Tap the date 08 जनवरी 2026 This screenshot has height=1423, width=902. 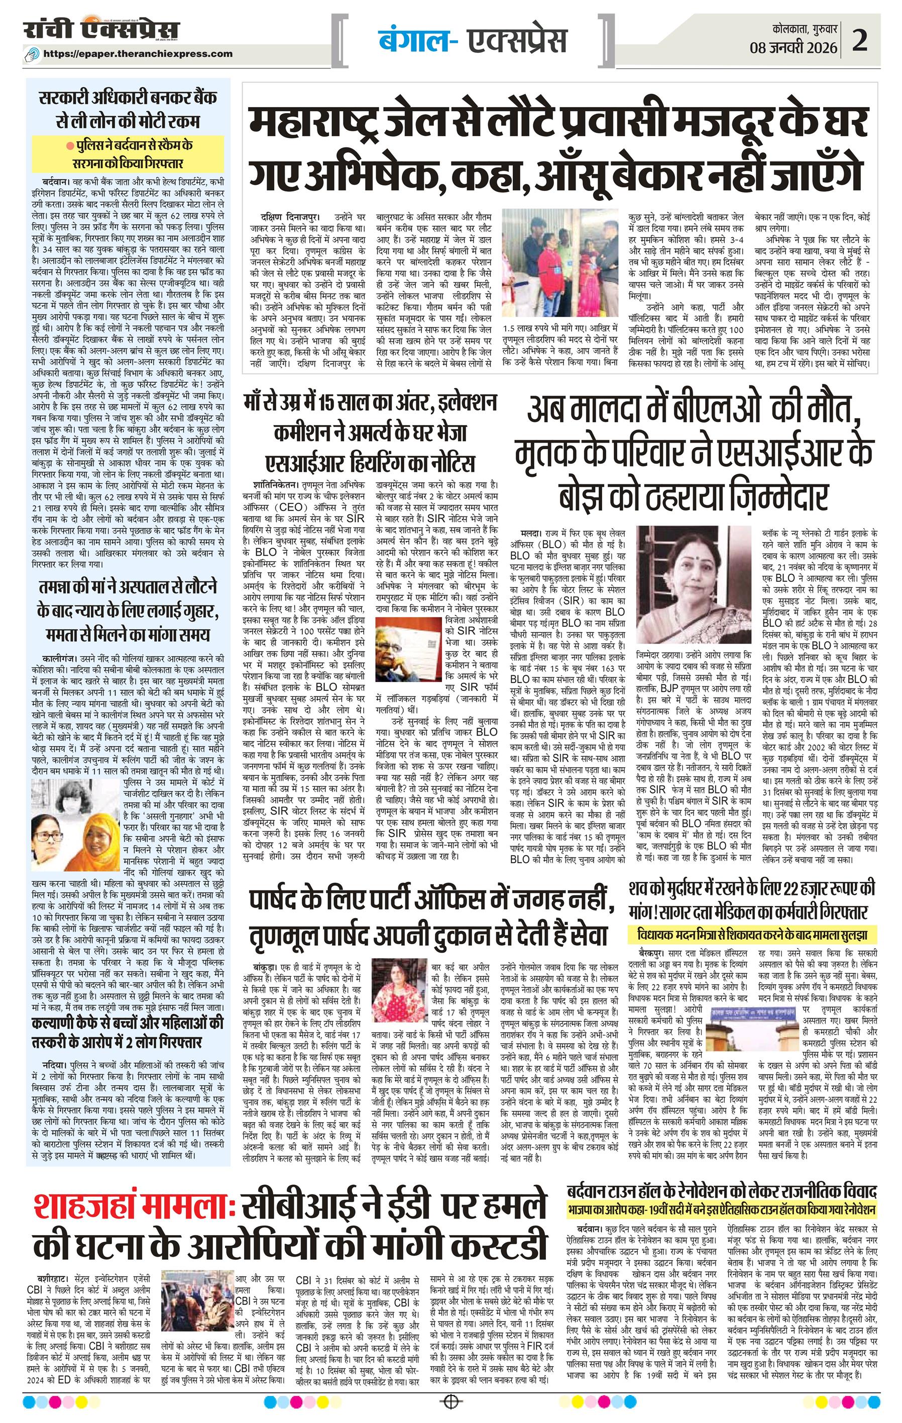[x=794, y=47]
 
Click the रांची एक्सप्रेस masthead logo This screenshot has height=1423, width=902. [x=101, y=30]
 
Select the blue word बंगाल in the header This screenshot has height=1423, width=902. [x=413, y=40]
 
